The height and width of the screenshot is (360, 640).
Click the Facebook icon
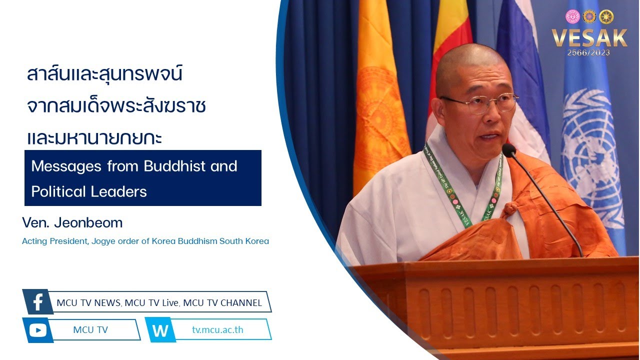pos(37,301)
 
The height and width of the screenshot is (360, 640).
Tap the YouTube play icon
pos(38,330)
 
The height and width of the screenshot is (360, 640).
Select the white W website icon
pos(160,330)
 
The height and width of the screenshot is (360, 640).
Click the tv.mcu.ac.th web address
pos(217,329)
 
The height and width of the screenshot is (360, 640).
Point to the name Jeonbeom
pos(88,222)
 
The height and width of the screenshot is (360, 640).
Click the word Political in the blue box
pos(58,191)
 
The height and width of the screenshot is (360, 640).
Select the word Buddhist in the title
pos(174,166)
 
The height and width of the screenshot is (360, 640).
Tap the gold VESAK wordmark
pos(589,38)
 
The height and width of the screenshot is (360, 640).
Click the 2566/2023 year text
pos(588,53)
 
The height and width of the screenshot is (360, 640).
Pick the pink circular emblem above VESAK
pos(572,16)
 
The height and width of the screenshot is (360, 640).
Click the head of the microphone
pos(509,150)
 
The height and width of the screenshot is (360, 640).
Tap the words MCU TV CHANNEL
pos(222,303)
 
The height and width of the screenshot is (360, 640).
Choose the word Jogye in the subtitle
pos(103,241)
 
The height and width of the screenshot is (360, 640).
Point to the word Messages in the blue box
pos(66,166)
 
